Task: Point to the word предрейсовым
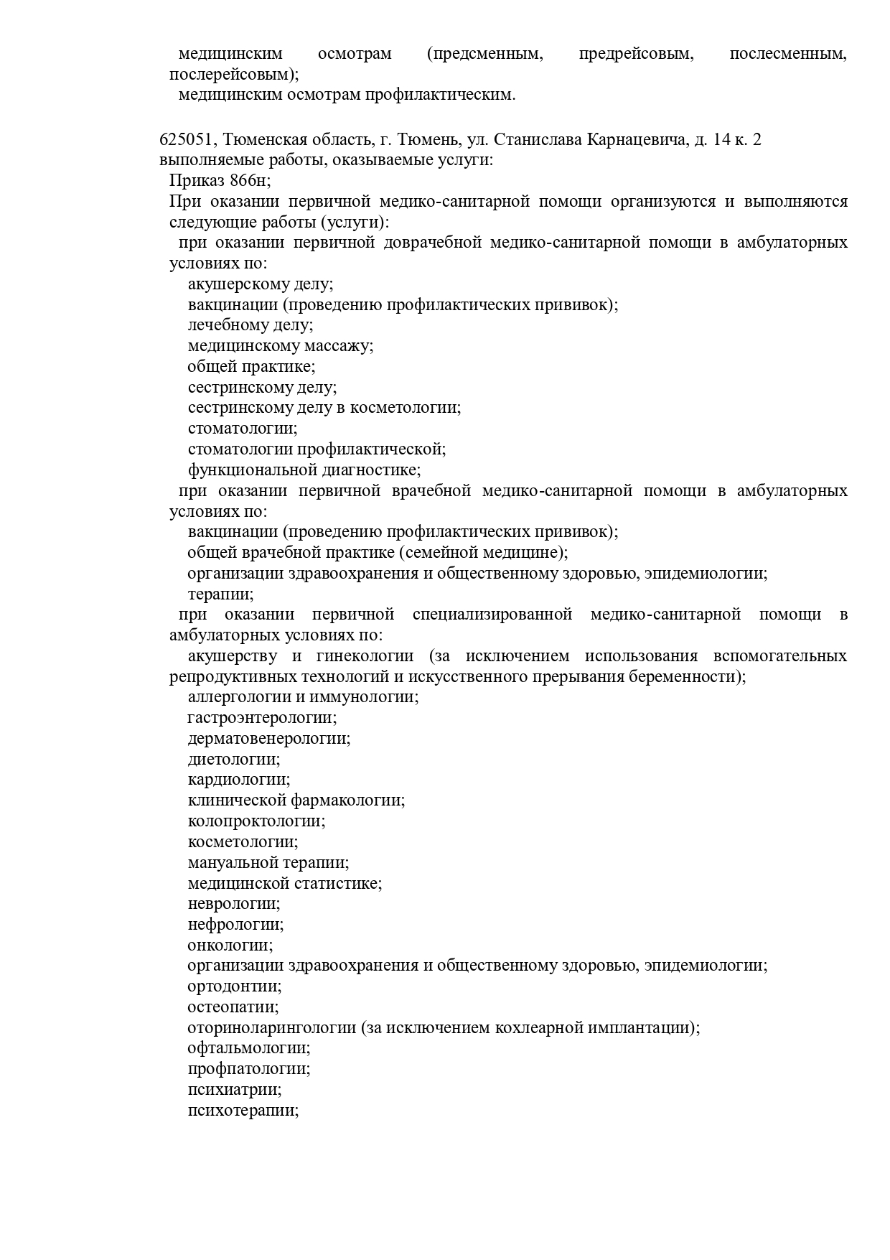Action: (636, 54)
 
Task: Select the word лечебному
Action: (230, 325)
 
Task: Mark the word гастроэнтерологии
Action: (262, 718)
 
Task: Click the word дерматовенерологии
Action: (268, 739)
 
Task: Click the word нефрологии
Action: (235, 925)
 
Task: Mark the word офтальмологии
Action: (248, 1049)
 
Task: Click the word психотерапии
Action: (243, 1111)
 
